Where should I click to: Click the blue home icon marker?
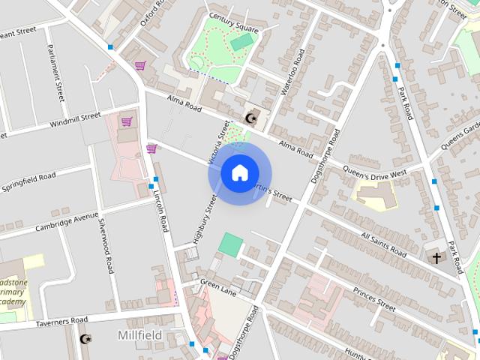238,172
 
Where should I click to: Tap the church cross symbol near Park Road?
436,258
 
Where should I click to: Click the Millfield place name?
140,335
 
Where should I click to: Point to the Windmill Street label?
75,120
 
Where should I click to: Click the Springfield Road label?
28,181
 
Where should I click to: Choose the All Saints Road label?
383,244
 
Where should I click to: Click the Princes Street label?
374,298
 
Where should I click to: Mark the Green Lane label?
218,288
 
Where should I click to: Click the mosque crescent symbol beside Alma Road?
253,118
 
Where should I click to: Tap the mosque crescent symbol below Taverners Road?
85,340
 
